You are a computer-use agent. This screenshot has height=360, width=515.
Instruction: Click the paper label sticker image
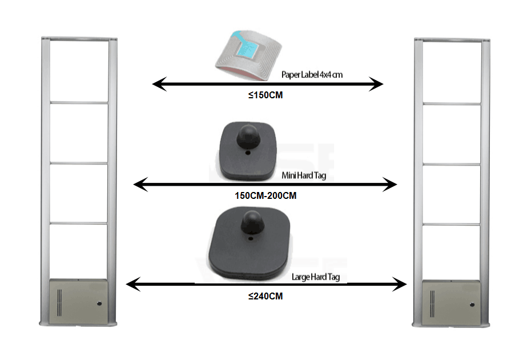[250, 53]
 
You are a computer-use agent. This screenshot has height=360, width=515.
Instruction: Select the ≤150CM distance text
[265, 95]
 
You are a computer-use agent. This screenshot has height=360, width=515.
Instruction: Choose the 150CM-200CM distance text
[265, 195]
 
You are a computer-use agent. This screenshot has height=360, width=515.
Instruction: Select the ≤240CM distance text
[265, 297]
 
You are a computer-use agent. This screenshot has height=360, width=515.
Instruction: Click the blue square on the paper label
[250, 49]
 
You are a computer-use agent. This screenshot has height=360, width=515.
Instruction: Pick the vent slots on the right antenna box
[432, 303]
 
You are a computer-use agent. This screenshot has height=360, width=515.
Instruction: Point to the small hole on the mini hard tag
[248, 153]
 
